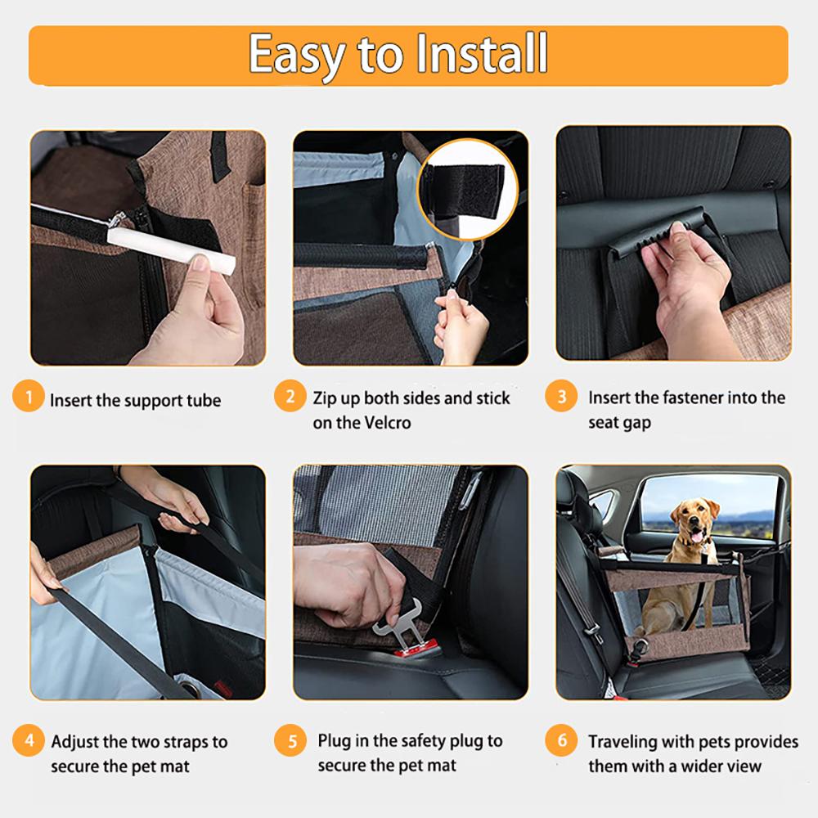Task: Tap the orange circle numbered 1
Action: (x=29, y=399)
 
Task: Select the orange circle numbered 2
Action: (x=290, y=398)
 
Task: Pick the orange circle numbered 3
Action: (x=561, y=398)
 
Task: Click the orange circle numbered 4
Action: (x=29, y=743)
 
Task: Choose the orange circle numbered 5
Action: (x=290, y=743)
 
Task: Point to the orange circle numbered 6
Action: (x=561, y=743)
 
